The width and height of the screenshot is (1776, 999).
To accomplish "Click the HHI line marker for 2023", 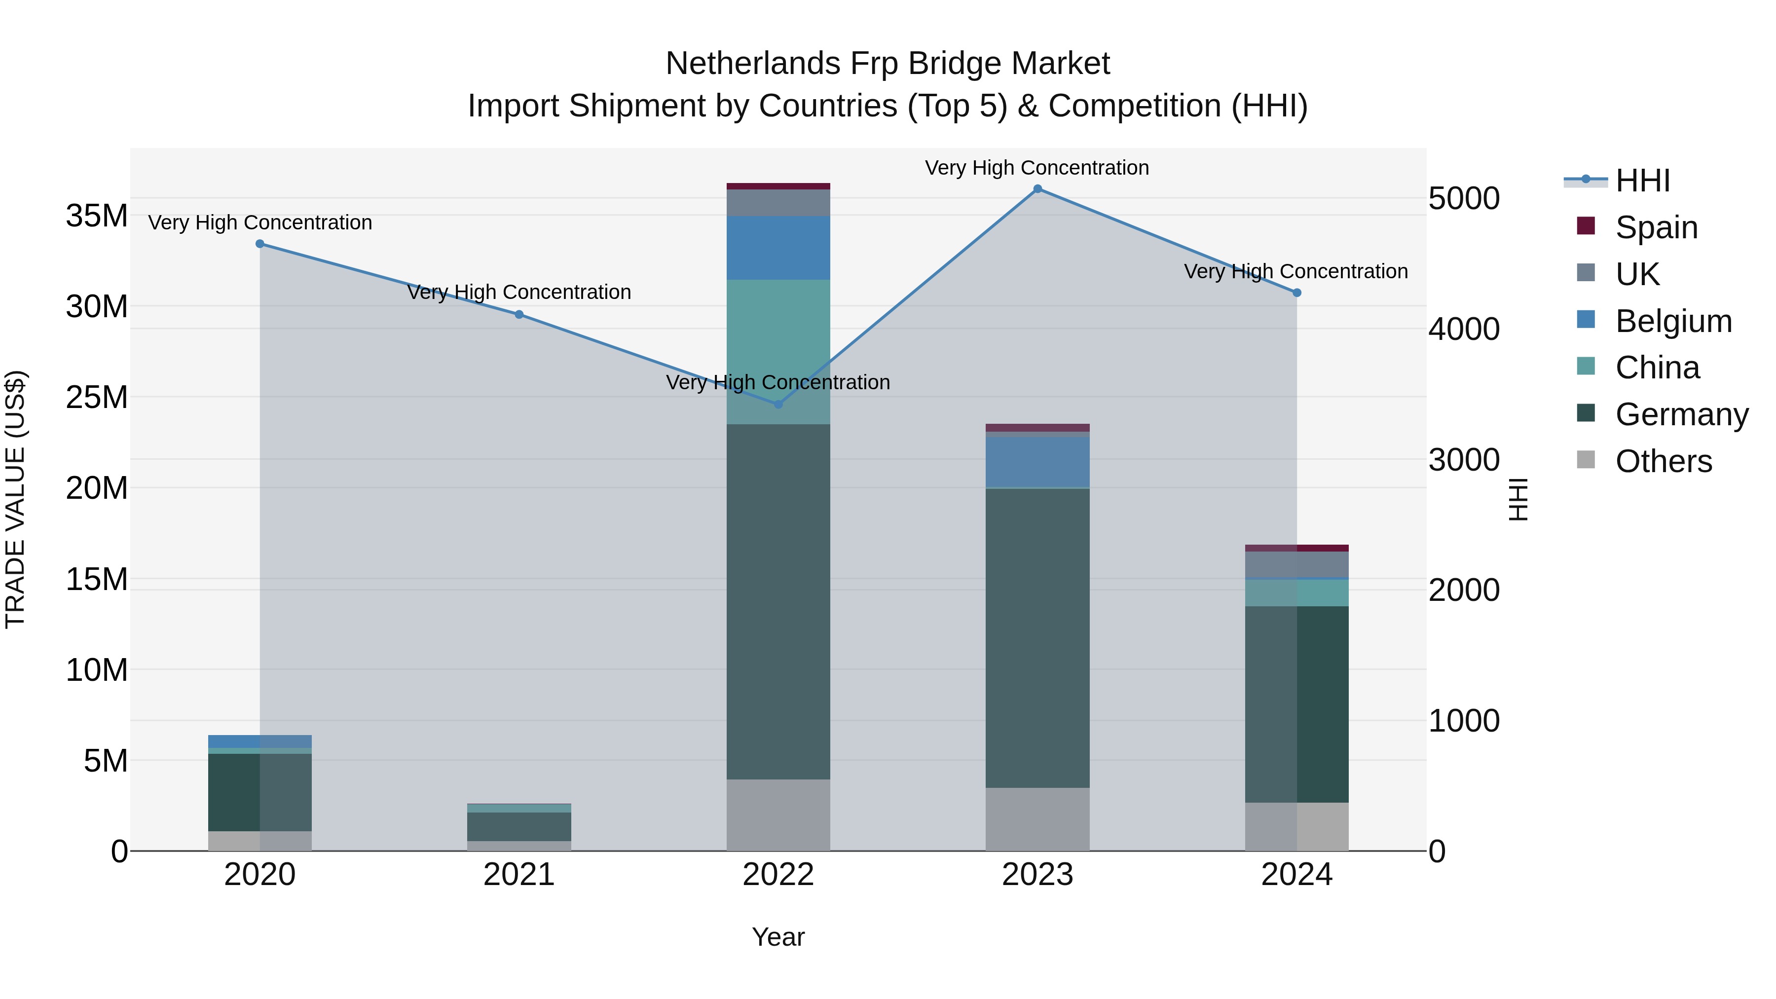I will pyautogui.click(x=1037, y=189).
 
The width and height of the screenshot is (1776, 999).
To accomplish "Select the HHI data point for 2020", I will pyautogui.click(x=260, y=243).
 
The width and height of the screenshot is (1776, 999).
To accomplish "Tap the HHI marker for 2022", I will pyautogui.click(x=778, y=405).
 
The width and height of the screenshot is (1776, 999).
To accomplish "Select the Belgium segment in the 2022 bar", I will pyautogui.click(x=778, y=248).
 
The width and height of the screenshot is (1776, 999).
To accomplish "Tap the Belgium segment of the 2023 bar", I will pyautogui.click(x=1037, y=462).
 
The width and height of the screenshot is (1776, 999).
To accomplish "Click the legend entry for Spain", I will pyautogui.click(x=1656, y=227).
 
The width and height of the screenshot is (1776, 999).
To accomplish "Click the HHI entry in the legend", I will pyautogui.click(x=1642, y=181).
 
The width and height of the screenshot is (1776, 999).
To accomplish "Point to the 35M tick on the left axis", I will pyautogui.click(x=97, y=216).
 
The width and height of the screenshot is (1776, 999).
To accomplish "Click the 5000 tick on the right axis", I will pyautogui.click(x=1464, y=198).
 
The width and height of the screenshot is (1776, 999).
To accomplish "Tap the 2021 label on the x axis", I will pyautogui.click(x=518, y=875).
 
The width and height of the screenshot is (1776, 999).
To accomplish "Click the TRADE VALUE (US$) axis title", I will pyautogui.click(x=15, y=499).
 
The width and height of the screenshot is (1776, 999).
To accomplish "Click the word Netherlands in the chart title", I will pyautogui.click(x=752, y=64).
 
